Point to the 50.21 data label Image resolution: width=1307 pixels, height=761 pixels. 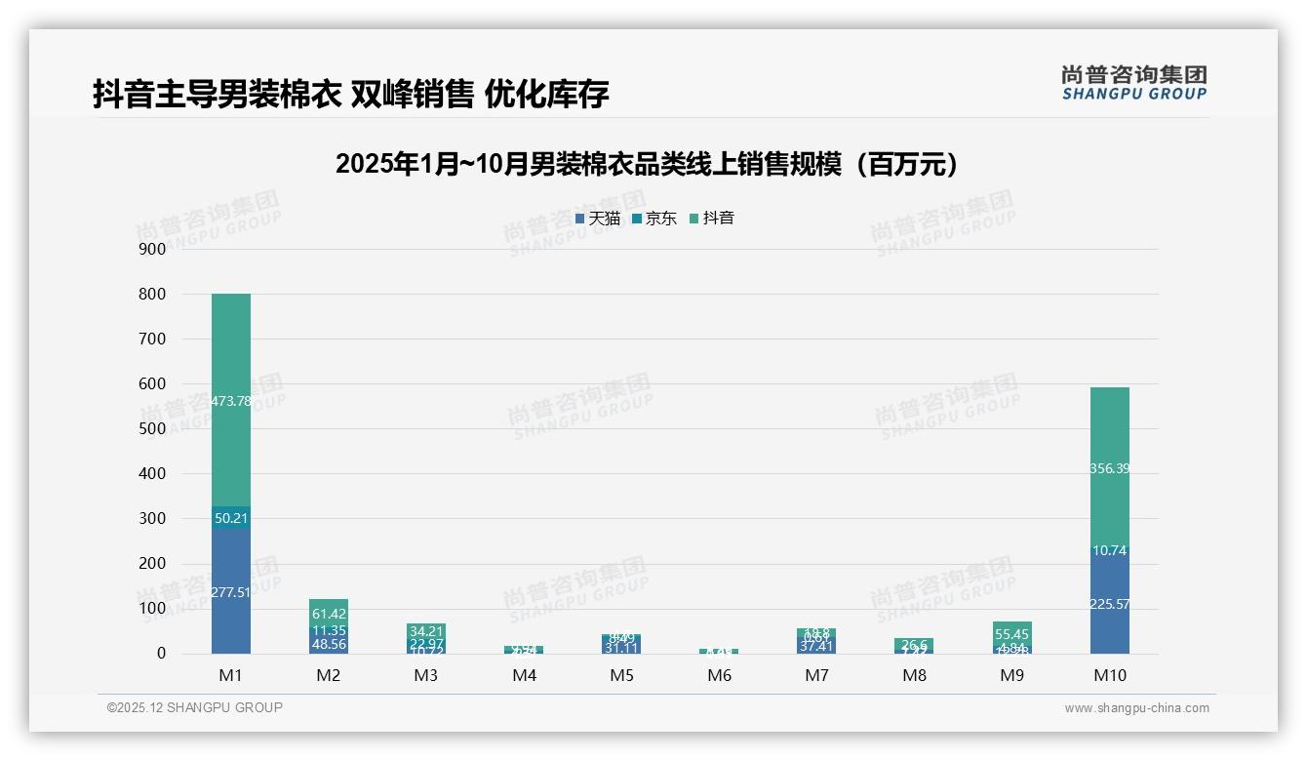(231, 518)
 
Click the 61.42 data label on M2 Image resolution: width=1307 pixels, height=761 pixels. (329, 614)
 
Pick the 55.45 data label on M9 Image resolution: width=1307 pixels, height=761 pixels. (1012, 633)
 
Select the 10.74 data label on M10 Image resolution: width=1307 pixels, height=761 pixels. (1110, 550)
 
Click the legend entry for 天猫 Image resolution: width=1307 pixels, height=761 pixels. (598, 219)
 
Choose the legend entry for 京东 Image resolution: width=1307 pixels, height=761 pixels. (654, 219)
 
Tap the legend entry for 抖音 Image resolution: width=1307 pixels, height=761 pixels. (712, 219)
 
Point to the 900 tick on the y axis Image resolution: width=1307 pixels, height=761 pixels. (153, 249)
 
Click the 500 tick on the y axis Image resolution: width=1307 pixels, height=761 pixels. (153, 428)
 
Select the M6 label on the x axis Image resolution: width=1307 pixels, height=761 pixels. (720, 675)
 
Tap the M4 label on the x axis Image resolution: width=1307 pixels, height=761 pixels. (525, 675)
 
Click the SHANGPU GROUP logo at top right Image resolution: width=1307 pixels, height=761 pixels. (1134, 83)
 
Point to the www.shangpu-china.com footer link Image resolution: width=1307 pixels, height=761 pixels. (1136, 708)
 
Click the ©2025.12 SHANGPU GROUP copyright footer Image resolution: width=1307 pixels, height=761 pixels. (195, 707)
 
